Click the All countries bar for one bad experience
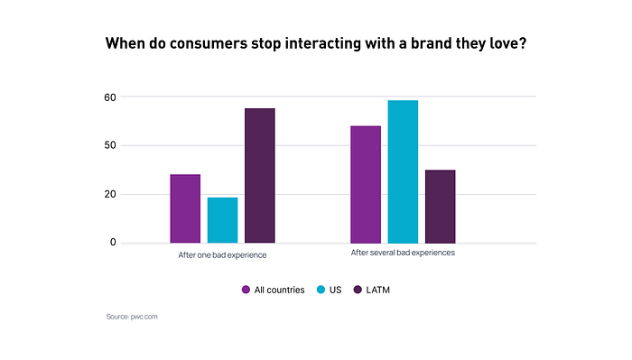pyautogui.click(x=185, y=208)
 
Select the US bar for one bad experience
pyautogui.click(x=222, y=220)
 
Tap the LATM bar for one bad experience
pyautogui.click(x=260, y=176)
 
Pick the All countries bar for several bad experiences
pyautogui.click(x=366, y=184)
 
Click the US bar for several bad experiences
pyautogui.click(x=403, y=172)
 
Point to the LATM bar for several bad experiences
pyautogui.click(x=441, y=207)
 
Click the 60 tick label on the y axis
pyautogui.click(x=110, y=97)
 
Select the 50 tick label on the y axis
pyautogui.click(x=110, y=145)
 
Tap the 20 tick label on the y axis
pyautogui.click(x=110, y=194)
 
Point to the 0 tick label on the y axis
pyautogui.click(x=113, y=242)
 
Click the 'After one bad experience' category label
pyautogui.click(x=222, y=255)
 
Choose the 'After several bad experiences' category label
pyautogui.click(x=403, y=253)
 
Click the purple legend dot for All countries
pyautogui.click(x=246, y=290)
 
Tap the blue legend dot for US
pyautogui.click(x=321, y=290)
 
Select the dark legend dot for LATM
pyautogui.click(x=358, y=290)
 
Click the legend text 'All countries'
pyautogui.click(x=279, y=290)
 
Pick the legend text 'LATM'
pyautogui.click(x=377, y=290)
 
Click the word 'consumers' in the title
pyautogui.click(x=209, y=43)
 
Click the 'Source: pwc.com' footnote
pyautogui.click(x=132, y=317)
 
